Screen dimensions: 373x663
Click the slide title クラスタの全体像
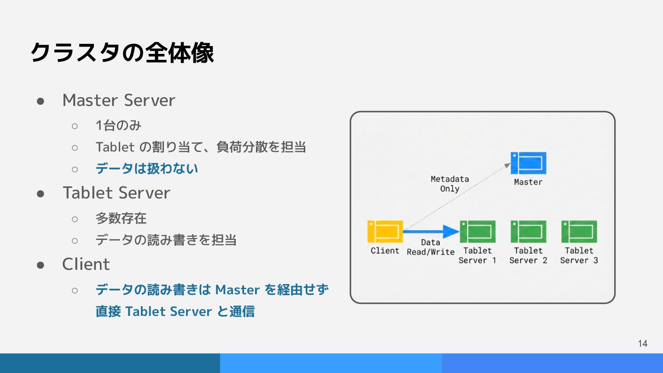(122, 53)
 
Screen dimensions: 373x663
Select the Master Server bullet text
(119, 100)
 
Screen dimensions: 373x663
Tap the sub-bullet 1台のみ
(118, 125)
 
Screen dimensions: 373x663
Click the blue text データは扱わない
(147, 169)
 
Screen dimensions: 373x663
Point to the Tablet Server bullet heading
(116, 193)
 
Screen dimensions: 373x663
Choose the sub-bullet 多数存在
(121, 218)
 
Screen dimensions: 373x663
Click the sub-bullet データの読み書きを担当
(166, 240)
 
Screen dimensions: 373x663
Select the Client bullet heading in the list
(86, 264)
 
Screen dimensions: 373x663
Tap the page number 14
(643, 344)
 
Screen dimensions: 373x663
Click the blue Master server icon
(529, 163)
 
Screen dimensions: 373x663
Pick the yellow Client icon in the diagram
(385, 232)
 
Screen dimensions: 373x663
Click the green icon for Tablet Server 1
(477, 232)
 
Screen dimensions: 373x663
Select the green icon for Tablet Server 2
(529, 232)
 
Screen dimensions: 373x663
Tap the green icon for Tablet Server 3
(579, 232)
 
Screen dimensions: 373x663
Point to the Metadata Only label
(449, 184)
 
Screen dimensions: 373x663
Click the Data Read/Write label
(430, 247)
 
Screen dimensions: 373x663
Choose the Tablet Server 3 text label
(579, 256)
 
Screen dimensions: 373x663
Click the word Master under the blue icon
(528, 182)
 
